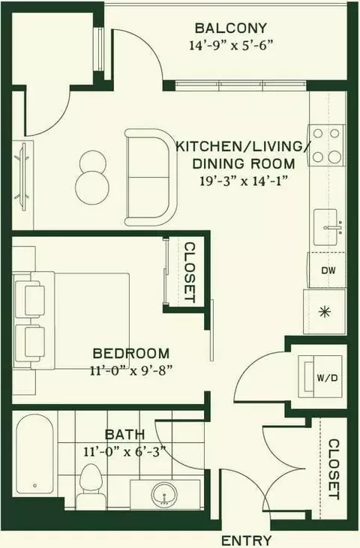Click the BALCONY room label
coord(231,28)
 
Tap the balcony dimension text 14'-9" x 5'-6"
coord(231,46)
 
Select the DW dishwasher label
coord(328,270)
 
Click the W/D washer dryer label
coord(327,377)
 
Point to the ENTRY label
coord(247,541)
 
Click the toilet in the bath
coord(91,486)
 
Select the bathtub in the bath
coord(34,454)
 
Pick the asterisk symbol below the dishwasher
coord(325,311)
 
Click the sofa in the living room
coord(151,177)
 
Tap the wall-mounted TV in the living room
coord(22,176)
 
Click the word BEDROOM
coord(131,353)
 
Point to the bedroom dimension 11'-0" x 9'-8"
coord(131,370)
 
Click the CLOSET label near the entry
coord(334,469)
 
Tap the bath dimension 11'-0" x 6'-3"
coord(124,452)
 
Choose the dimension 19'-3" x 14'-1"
coord(244,181)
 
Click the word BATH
coord(124,435)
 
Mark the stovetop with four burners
coord(326,145)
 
